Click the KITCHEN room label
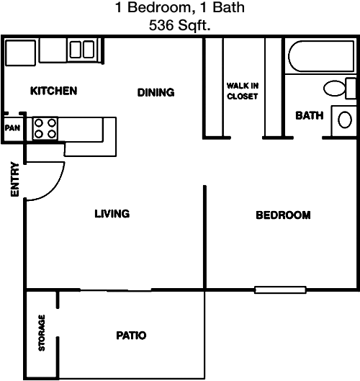[54, 91]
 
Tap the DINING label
[156, 93]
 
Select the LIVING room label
[112, 214]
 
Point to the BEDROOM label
[283, 215]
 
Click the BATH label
[310, 116]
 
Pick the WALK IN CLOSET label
[243, 91]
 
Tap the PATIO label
[131, 336]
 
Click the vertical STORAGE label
[42, 333]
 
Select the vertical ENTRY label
[15, 179]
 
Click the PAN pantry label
[12, 128]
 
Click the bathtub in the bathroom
[321, 56]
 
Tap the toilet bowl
[335, 88]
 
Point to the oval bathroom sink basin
[345, 120]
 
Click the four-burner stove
[45, 128]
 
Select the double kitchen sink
[82, 50]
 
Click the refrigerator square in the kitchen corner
[21, 53]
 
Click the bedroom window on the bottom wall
[280, 290]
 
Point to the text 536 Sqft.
[179, 25]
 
